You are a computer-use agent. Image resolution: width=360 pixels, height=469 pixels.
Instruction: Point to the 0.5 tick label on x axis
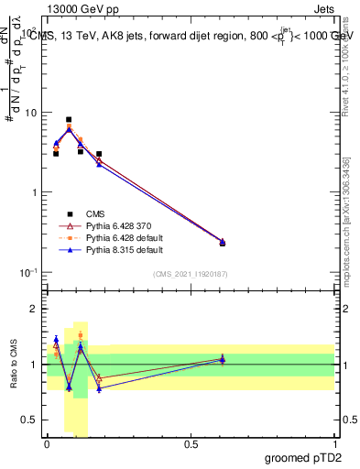click(x=191, y=443)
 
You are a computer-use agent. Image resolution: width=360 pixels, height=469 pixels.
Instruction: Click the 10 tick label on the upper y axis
click(x=30, y=113)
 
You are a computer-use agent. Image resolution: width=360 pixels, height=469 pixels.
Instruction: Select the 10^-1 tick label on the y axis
click(x=28, y=273)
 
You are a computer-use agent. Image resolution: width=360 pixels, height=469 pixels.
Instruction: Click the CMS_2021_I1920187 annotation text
click(x=191, y=274)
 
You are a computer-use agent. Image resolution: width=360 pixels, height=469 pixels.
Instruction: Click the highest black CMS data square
click(x=69, y=119)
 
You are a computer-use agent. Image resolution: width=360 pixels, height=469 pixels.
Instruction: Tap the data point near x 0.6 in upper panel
click(x=223, y=243)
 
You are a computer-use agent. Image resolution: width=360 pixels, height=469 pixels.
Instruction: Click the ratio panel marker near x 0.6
click(x=223, y=360)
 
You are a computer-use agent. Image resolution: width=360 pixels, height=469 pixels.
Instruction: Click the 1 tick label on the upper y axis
click(x=33, y=193)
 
